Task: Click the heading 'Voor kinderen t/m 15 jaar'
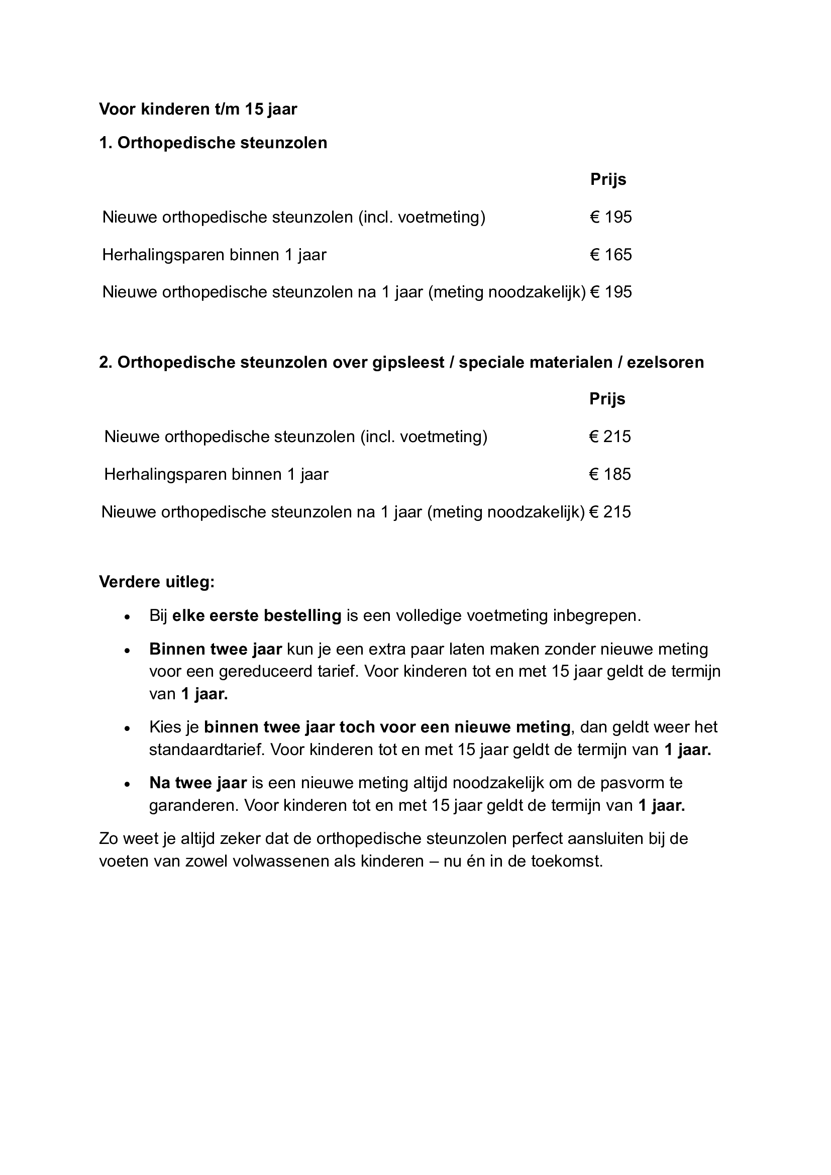(x=198, y=109)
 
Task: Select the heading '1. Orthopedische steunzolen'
(x=213, y=143)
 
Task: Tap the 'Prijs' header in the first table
(x=608, y=179)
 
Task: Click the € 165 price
(x=610, y=254)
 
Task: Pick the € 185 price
(x=609, y=474)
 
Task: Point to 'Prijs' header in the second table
(x=607, y=399)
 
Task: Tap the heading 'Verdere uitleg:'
(x=157, y=582)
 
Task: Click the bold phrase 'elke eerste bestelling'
(x=257, y=615)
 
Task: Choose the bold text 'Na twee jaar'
(x=198, y=783)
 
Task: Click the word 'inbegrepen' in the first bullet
(x=596, y=615)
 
